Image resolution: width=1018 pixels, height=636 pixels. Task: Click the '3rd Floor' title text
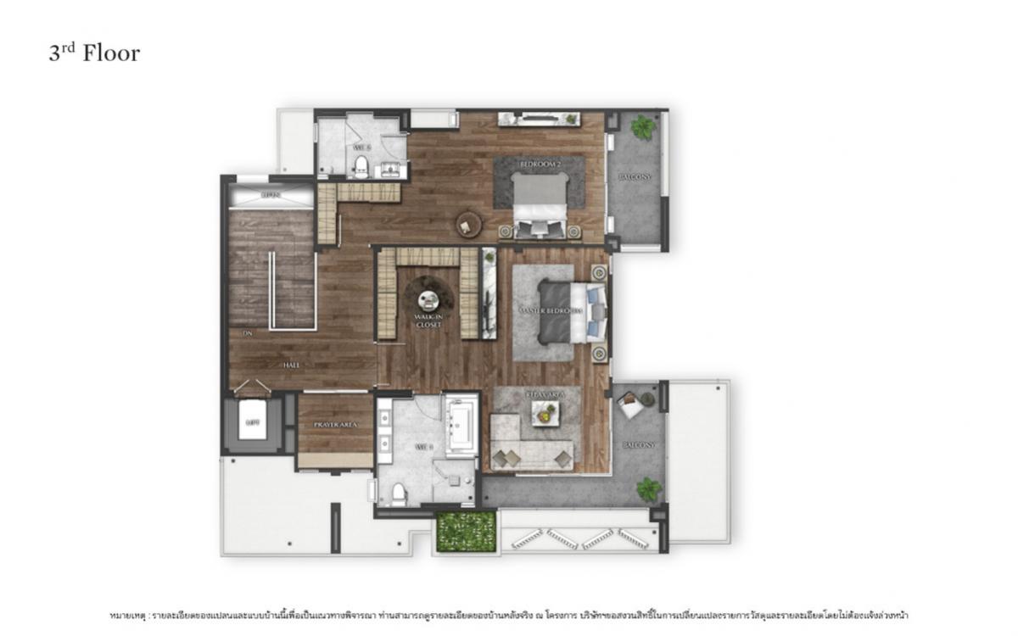[x=93, y=53]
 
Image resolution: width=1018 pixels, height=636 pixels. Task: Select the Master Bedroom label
[x=551, y=311]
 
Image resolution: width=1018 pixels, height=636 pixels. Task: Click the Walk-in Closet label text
[x=428, y=321]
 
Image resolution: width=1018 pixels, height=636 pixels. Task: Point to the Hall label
[x=292, y=365]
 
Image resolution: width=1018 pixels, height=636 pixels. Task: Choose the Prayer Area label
[x=334, y=423]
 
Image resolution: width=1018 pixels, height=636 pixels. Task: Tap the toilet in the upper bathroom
[x=361, y=165]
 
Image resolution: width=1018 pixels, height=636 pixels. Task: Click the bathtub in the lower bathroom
[x=461, y=424]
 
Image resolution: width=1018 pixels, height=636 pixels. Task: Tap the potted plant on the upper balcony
[x=643, y=128]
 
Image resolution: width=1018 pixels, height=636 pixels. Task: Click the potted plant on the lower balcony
[x=649, y=488]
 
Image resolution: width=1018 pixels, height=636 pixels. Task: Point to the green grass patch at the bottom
[x=466, y=529]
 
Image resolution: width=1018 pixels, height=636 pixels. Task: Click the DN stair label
[x=248, y=334]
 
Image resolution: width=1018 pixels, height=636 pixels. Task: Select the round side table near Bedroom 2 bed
[x=468, y=224]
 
